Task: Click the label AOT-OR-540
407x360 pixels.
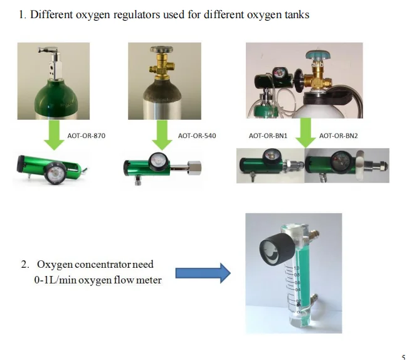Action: click(x=197, y=135)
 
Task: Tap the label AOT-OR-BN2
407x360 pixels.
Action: click(x=338, y=135)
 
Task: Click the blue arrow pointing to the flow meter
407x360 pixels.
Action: click(x=203, y=273)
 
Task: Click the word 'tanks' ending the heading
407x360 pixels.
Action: click(x=296, y=14)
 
